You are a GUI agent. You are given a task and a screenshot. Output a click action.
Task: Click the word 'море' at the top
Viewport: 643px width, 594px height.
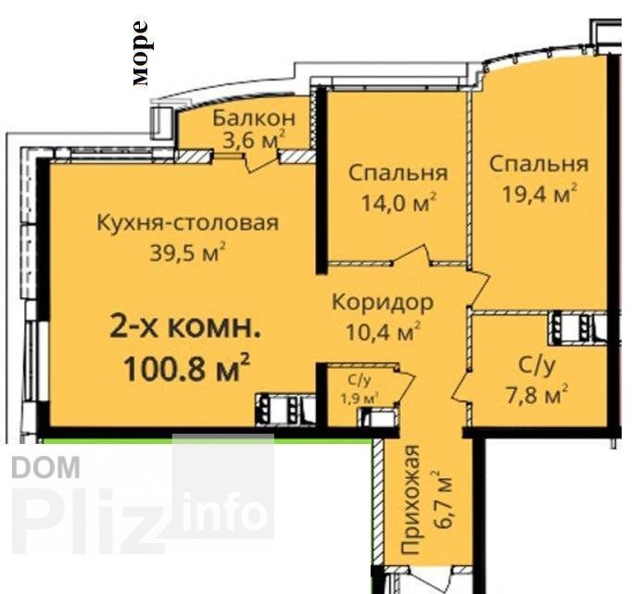pyautogui.click(x=140, y=54)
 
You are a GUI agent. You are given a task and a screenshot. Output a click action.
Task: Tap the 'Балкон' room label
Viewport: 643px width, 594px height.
pyautogui.click(x=254, y=119)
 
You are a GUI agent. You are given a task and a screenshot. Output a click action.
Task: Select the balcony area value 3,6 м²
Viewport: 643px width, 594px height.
pyautogui.click(x=254, y=140)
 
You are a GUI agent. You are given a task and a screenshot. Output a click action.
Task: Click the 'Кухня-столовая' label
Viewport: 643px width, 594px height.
pyautogui.click(x=188, y=223)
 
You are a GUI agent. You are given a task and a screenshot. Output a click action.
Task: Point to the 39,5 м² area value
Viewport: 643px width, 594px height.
pyautogui.click(x=188, y=252)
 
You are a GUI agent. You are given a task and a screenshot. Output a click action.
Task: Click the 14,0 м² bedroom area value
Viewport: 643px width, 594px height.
pyautogui.click(x=398, y=202)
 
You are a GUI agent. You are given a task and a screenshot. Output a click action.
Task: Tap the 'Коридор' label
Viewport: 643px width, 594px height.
pyautogui.click(x=383, y=303)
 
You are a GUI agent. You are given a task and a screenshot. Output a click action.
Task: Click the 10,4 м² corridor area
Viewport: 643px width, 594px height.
pyautogui.click(x=384, y=332)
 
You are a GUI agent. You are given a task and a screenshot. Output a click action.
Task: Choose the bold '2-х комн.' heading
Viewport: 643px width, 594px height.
pyautogui.click(x=185, y=329)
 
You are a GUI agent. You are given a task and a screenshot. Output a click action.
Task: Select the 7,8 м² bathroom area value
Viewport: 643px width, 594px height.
pyautogui.click(x=537, y=395)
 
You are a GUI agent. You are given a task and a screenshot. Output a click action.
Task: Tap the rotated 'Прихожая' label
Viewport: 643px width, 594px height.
pyautogui.click(x=410, y=499)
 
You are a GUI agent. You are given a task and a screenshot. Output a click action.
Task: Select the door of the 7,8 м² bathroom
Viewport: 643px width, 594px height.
pyautogui.click(x=460, y=387)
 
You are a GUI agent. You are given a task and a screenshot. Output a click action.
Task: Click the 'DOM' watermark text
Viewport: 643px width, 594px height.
pyautogui.click(x=45, y=467)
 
